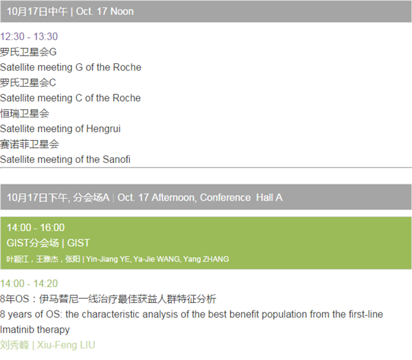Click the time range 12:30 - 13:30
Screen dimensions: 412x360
pos(29,36)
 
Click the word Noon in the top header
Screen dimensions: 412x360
pos(122,12)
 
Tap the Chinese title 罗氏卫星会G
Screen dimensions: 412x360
pos(28,52)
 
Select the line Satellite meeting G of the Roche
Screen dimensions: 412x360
pos(71,67)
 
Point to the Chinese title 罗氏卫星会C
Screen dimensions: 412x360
pos(28,82)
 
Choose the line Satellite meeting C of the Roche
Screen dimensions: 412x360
pos(71,98)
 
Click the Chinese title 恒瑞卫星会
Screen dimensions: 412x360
pos(25,113)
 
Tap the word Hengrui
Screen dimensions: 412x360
pos(103,129)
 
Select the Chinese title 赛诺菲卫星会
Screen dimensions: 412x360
pos(30,144)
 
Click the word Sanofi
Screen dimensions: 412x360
pos(117,159)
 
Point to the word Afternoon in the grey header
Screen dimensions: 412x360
pos(174,197)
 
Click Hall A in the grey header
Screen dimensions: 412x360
pos(269,197)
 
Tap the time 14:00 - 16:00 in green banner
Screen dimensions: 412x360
pos(36,227)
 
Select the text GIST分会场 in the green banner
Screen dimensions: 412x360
pos(32,243)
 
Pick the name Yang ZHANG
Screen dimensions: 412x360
pos(206,259)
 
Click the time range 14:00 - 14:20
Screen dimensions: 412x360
pos(29,284)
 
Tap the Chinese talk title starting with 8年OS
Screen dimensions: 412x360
pos(108,299)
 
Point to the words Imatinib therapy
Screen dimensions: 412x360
pos(35,330)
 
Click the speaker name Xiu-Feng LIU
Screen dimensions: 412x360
pos(66,345)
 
